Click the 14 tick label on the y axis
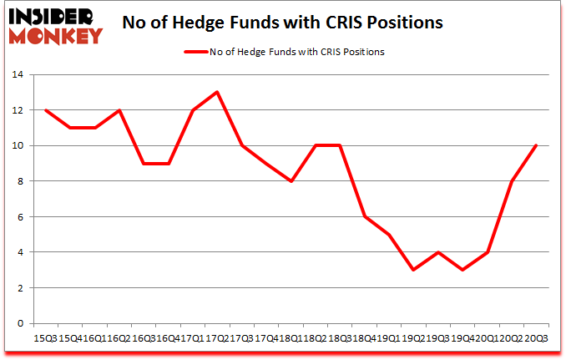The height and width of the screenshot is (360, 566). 19,74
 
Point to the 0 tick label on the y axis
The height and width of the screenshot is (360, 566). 23,323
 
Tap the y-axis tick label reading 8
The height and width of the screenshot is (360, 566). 23,181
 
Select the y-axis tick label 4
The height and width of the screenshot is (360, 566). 23,252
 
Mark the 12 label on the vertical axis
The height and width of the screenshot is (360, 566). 19,110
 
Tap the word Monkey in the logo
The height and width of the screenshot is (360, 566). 57,35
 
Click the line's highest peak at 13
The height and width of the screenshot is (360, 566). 216,92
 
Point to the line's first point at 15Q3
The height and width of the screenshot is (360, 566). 46,110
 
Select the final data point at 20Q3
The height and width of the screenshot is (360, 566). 535,145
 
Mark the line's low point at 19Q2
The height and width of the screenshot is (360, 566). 412,270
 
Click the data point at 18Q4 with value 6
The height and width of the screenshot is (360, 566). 364,216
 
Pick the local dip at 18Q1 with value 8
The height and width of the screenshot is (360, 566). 290,181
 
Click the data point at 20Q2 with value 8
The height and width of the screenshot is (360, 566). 511,181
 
